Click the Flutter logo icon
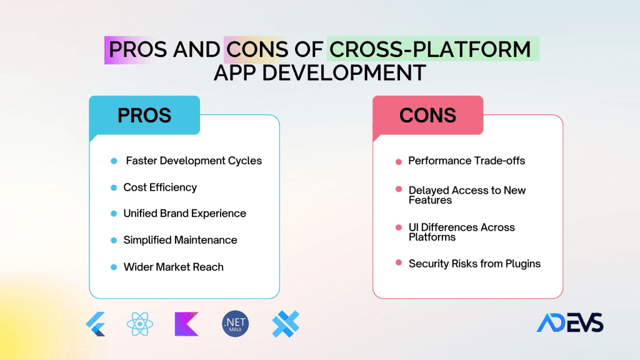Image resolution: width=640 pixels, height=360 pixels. (x=96, y=324)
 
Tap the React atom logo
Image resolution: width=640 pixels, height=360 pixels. (x=139, y=324)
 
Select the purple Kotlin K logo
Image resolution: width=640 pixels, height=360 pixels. (x=186, y=324)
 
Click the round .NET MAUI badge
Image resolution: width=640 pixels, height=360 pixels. (x=236, y=324)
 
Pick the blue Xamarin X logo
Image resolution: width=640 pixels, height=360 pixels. (x=286, y=324)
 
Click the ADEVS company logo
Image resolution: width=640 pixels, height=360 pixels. (x=570, y=323)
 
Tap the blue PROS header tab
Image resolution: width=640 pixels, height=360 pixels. (x=144, y=116)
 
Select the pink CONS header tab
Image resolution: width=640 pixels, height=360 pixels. (x=427, y=116)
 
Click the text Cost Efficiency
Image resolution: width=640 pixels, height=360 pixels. (x=160, y=187)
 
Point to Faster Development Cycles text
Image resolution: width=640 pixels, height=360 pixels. (x=194, y=161)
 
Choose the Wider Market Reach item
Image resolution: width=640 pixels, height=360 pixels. (x=174, y=267)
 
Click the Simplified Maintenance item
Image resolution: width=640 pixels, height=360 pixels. (x=180, y=240)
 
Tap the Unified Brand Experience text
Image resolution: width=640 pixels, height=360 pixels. (x=184, y=214)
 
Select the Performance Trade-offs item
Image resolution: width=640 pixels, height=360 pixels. (x=466, y=161)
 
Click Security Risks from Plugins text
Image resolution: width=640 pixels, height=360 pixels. (x=474, y=264)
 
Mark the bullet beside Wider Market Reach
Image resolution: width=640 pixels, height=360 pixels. (x=114, y=267)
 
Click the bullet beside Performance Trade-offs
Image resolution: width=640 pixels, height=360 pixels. (x=399, y=162)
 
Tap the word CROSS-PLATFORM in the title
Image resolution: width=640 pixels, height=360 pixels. (x=430, y=49)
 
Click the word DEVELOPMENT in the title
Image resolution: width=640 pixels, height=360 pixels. (x=344, y=73)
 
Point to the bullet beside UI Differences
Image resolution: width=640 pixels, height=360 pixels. (x=399, y=227)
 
